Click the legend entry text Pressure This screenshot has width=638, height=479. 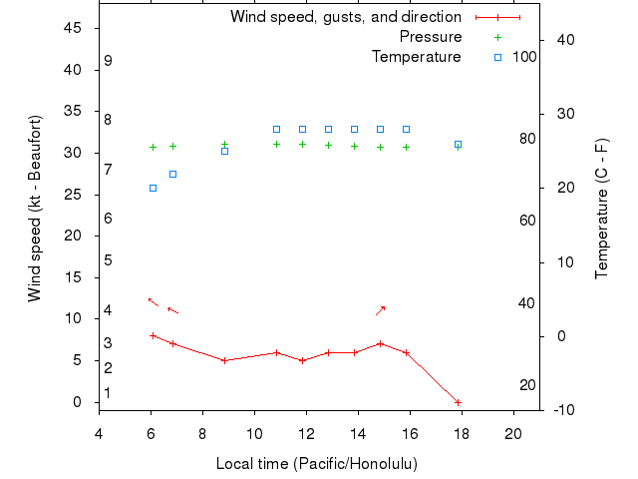pyautogui.click(x=431, y=37)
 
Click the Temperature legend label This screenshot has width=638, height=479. pyautogui.click(x=417, y=57)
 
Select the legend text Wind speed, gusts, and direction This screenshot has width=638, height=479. pyautogui.click(x=346, y=17)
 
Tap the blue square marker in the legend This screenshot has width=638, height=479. pyautogui.click(x=498, y=57)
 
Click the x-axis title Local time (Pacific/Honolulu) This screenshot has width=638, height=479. pyautogui.click(x=317, y=464)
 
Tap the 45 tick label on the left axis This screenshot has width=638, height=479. pyautogui.click(x=72, y=28)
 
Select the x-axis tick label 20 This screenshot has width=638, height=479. pyautogui.click(x=513, y=433)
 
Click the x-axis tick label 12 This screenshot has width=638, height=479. pyautogui.click(x=306, y=433)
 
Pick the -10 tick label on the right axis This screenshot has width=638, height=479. pyautogui.click(x=558, y=410)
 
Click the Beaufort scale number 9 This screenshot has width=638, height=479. pyautogui.click(x=108, y=61)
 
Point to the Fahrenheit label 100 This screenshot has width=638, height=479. pyautogui.click(x=524, y=57)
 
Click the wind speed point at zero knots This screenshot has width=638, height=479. pyautogui.click(x=458, y=402)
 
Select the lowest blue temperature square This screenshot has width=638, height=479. pyautogui.click(x=153, y=188)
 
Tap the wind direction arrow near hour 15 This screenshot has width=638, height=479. pyautogui.click(x=380, y=310)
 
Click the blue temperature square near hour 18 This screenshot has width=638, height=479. pyautogui.click(x=458, y=144)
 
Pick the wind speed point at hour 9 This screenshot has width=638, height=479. pyautogui.click(x=224, y=360)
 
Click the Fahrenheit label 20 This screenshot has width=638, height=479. pyautogui.click(x=527, y=385)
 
